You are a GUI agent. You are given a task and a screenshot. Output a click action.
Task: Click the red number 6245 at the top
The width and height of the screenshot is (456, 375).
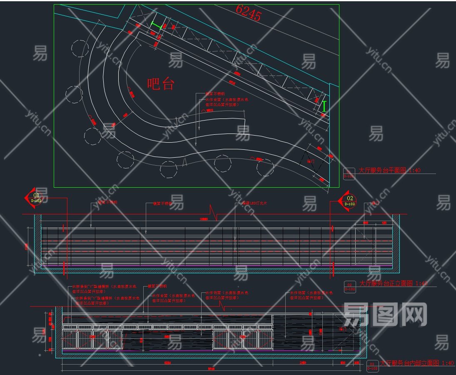point(249,13)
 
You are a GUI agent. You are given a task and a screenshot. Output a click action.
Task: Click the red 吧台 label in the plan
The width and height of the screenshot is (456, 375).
point(160,84)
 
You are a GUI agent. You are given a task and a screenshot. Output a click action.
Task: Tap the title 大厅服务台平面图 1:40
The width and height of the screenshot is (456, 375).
point(390,171)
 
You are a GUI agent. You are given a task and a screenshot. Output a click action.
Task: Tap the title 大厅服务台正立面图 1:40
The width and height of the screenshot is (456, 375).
point(393,283)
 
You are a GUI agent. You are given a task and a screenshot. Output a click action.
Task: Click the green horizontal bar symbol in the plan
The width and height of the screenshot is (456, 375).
point(156,26)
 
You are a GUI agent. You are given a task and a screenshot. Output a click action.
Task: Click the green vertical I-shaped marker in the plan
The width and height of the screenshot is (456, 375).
point(324,107)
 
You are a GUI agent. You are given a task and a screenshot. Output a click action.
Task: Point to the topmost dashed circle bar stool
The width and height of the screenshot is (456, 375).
point(80,48)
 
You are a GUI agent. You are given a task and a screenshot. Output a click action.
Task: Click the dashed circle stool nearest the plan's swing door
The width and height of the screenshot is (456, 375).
point(265,168)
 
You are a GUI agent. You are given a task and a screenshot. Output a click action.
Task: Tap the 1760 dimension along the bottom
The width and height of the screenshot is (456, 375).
point(303,363)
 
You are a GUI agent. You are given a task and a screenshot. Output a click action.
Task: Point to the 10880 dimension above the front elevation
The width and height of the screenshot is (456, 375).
point(203,219)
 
